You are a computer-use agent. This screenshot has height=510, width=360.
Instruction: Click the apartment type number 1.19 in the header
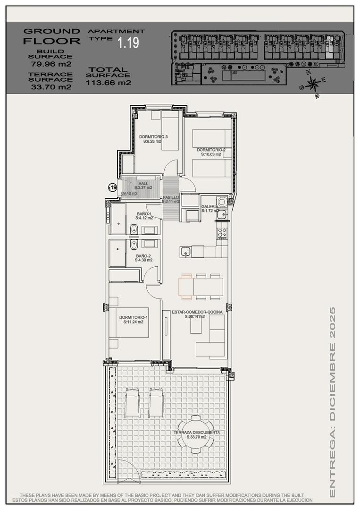coord(128,43)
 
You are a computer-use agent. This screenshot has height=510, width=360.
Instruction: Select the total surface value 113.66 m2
coord(109,83)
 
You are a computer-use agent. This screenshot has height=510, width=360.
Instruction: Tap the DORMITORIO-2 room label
coord(211,150)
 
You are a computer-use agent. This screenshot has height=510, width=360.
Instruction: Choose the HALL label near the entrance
coord(143,183)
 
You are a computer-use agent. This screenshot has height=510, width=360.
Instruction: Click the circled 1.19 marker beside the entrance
coord(112,187)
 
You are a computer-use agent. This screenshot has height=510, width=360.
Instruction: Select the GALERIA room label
coord(209,207)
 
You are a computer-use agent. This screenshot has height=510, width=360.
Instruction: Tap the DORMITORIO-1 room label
coord(133,317)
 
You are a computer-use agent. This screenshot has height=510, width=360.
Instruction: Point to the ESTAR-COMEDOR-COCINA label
coord(188,312)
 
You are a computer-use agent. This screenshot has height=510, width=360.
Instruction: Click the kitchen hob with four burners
coord(222,233)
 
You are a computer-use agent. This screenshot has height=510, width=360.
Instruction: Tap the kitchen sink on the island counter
coord(185,251)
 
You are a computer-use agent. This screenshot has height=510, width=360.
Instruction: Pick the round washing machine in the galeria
coord(222,202)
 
